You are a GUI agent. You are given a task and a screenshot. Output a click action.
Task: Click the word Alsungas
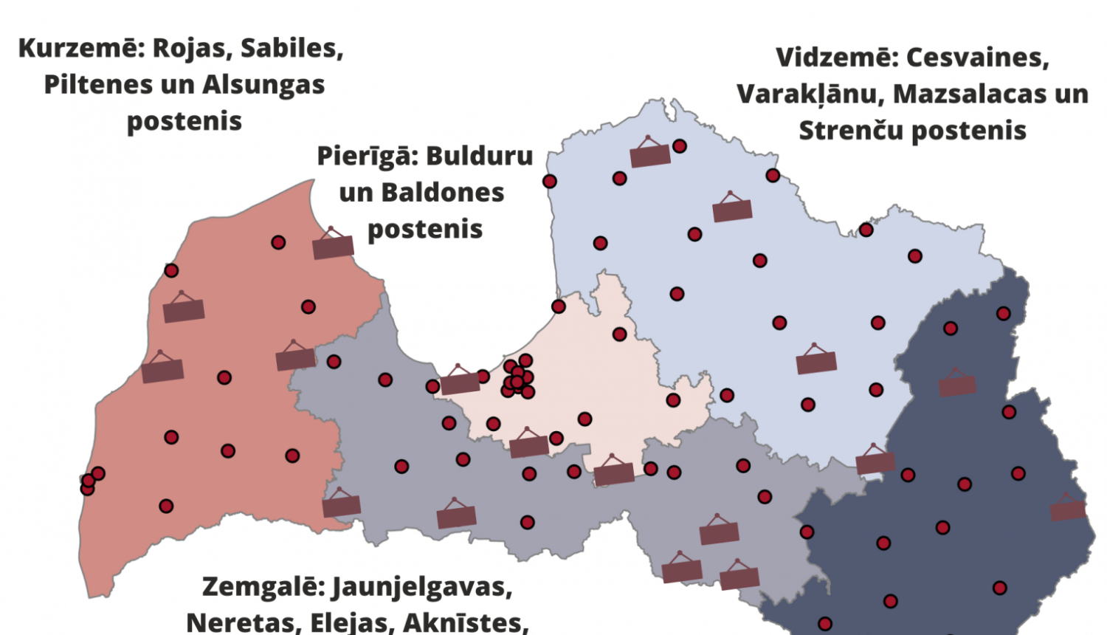263,85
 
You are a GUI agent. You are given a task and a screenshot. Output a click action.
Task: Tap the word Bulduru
479,157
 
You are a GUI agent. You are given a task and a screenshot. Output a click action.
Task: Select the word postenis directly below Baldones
425,230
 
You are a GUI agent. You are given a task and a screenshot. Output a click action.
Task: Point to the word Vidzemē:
836,58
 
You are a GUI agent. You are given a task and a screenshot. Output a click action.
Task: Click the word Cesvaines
977,58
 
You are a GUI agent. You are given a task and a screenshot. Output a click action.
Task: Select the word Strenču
851,131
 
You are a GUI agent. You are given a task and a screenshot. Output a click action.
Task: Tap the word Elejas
352,622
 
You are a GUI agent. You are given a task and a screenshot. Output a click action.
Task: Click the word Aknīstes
466,622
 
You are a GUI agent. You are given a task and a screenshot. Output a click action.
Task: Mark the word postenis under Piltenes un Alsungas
184,121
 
